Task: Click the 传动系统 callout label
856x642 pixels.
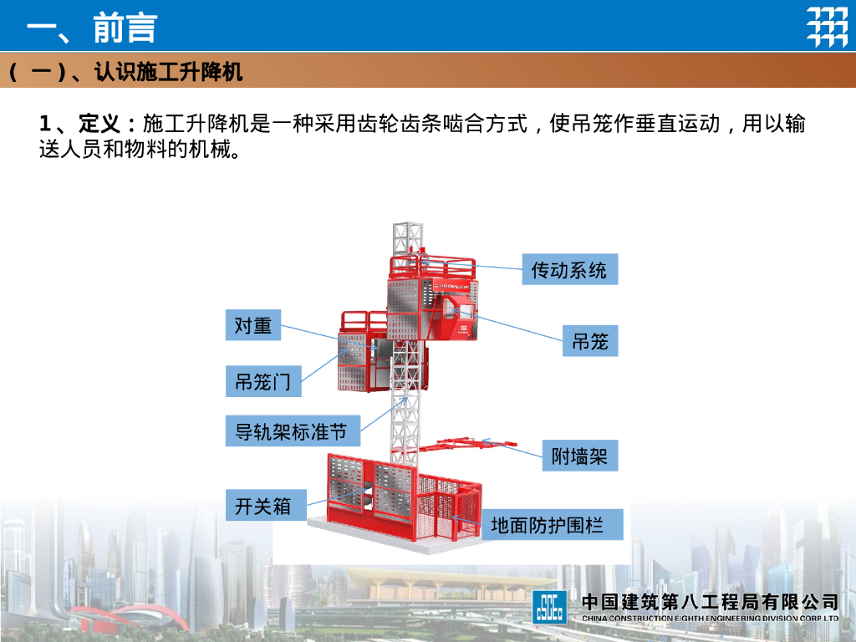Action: pos(569,269)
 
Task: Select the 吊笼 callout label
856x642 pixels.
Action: pos(589,340)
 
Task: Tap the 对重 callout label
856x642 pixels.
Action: pos(252,325)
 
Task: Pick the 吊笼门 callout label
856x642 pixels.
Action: pos(262,381)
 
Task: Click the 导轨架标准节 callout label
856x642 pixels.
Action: pos(292,431)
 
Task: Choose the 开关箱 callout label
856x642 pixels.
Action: pos(262,506)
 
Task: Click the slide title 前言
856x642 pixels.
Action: pos(125,28)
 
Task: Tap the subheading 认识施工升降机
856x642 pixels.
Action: pos(168,73)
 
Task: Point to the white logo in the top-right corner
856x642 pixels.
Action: pos(826,27)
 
